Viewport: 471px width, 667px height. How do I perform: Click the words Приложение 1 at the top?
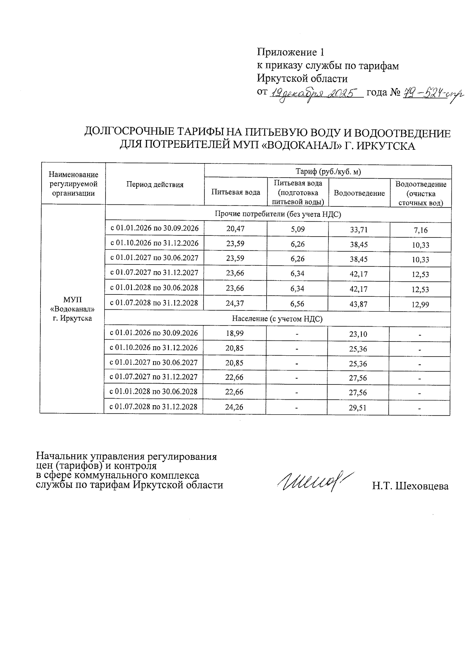pos(291,52)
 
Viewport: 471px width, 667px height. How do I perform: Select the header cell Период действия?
pos(155,185)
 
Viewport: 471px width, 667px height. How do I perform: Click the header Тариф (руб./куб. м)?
pos(328,172)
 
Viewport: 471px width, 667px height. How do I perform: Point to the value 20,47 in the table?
pos(235,229)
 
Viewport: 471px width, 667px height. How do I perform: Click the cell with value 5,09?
pos(298,229)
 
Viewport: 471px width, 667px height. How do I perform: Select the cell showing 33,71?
pos(359,230)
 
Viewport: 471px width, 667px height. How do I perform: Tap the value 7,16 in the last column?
pos(420,230)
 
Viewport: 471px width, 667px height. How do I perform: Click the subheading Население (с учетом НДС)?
pos(277,319)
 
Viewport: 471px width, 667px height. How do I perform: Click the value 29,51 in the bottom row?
pos(358,408)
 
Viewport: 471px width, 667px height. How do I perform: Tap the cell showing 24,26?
pos(234,407)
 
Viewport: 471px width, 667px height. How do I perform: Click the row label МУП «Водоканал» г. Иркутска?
pos(73,309)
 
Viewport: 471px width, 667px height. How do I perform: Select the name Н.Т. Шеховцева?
pos(410,487)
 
